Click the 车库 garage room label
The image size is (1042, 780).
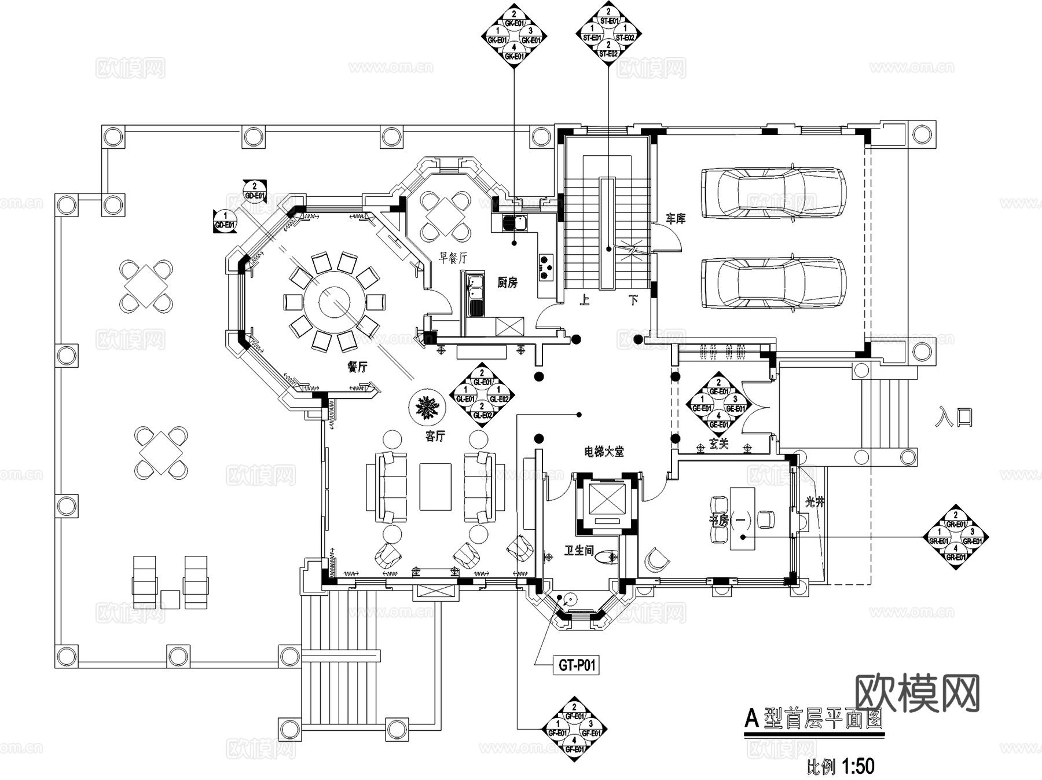point(675,219)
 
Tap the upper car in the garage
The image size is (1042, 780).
point(773,193)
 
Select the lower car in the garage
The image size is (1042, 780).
point(773,283)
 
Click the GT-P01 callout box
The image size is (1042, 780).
point(577,665)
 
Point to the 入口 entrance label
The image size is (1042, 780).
point(953,418)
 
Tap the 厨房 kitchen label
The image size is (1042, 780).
point(507,283)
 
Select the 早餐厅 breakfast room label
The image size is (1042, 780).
point(453,258)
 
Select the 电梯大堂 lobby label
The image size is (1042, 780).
point(604,452)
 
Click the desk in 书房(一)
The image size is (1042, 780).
point(742,518)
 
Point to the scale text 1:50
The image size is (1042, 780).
point(858,767)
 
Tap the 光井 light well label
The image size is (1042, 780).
point(814,503)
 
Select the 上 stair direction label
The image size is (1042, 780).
point(585,300)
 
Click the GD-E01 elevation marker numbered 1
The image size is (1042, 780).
point(225,221)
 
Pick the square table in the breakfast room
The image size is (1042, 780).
point(445,216)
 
